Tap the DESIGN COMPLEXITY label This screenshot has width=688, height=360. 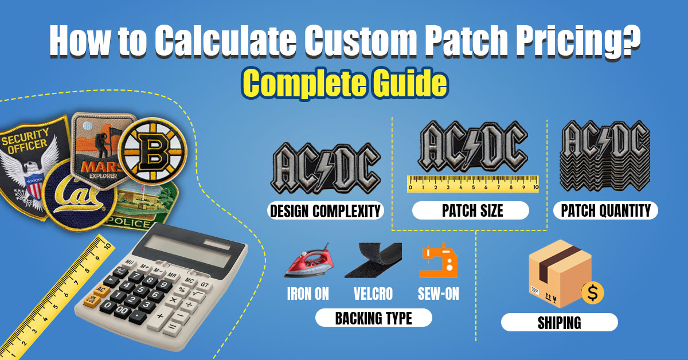click(325, 211)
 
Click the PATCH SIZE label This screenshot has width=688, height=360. click(472, 210)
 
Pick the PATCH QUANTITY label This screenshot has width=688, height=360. click(606, 210)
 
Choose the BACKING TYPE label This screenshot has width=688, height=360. click(373, 318)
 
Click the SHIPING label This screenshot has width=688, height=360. click(559, 322)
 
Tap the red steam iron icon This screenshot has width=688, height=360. click(307, 261)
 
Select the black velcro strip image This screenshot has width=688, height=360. click(373, 261)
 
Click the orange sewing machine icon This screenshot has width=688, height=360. click(438, 261)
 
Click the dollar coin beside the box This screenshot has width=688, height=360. click(592, 292)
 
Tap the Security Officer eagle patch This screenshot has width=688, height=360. click(29, 161)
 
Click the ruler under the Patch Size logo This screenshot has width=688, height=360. click(473, 183)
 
